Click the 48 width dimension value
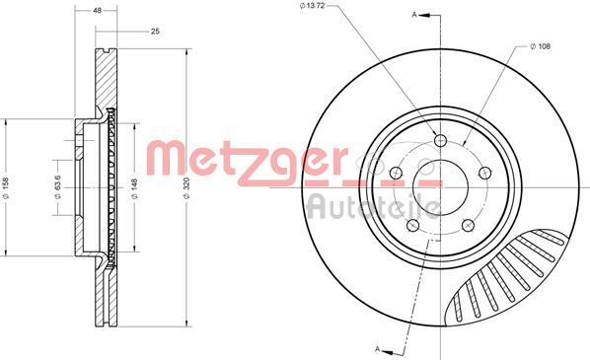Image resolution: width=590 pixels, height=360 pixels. tap(97, 11)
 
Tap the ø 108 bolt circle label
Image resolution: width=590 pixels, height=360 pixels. tap(545, 45)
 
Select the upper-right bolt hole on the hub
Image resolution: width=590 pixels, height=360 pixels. tap(484, 172)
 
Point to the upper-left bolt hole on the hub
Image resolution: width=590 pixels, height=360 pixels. tap(399, 172)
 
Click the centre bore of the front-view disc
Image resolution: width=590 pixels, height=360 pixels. tap(441, 185)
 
